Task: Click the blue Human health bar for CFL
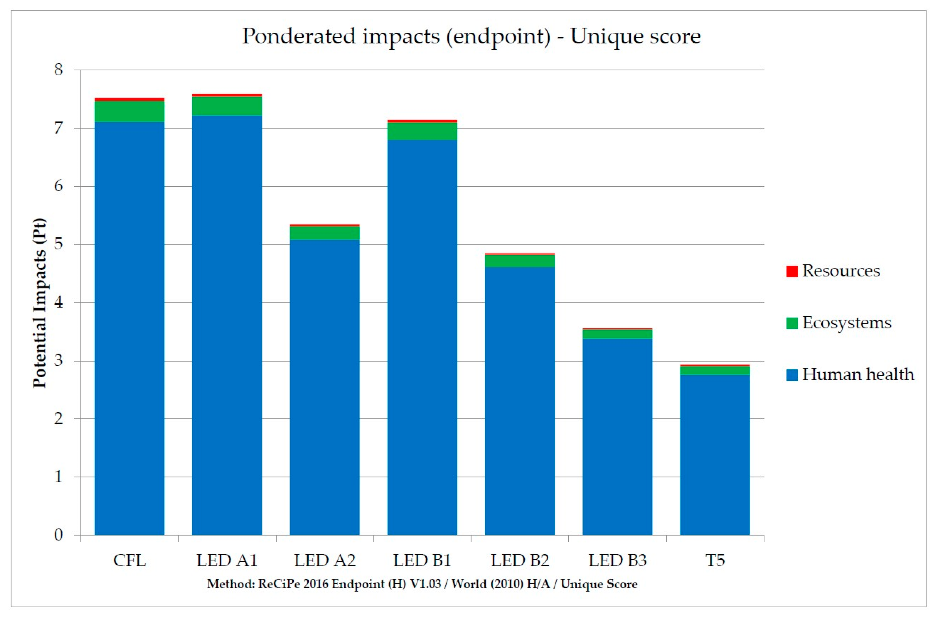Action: point(129,328)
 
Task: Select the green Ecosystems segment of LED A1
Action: point(227,106)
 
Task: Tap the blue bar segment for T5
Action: point(715,455)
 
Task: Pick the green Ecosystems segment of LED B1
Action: point(422,131)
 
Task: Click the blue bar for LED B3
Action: point(617,437)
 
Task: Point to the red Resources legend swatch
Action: point(792,271)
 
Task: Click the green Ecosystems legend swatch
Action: point(792,323)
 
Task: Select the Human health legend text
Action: point(858,374)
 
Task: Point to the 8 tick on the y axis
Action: point(58,69)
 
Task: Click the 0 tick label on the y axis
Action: point(58,535)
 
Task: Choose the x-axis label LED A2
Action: point(325,561)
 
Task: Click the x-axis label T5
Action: point(715,561)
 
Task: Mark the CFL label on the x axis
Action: point(129,561)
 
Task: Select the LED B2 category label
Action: point(520,561)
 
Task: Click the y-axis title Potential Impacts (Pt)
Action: point(39,303)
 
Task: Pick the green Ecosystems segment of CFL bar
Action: point(129,111)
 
